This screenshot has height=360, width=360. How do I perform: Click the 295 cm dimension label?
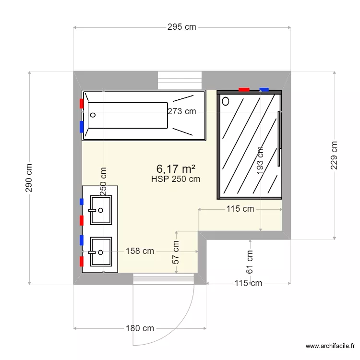(x=181, y=27)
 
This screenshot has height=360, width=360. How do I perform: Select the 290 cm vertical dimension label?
(x=29, y=178)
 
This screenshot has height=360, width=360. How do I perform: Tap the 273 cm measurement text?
(x=181, y=111)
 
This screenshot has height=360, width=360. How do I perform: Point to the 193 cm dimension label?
(x=260, y=162)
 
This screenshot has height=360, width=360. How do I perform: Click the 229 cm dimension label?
(x=335, y=155)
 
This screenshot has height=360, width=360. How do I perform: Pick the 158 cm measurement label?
(x=140, y=251)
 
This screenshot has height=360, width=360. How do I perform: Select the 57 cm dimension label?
(x=176, y=252)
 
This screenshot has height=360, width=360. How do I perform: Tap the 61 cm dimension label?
(x=250, y=262)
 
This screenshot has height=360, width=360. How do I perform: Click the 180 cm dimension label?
(x=140, y=328)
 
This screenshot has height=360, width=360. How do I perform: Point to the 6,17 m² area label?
(x=176, y=168)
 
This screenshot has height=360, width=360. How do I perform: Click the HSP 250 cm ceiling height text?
(x=176, y=179)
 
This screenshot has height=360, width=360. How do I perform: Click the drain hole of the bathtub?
(x=93, y=115)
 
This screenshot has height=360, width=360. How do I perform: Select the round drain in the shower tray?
(x=226, y=101)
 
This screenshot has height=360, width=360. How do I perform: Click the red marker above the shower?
(x=244, y=89)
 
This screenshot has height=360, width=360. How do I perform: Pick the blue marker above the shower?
(x=264, y=89)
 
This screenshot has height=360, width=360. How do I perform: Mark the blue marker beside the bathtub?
(x=82, y=126)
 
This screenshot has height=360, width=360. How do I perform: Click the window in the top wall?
(x=180, y=78)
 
